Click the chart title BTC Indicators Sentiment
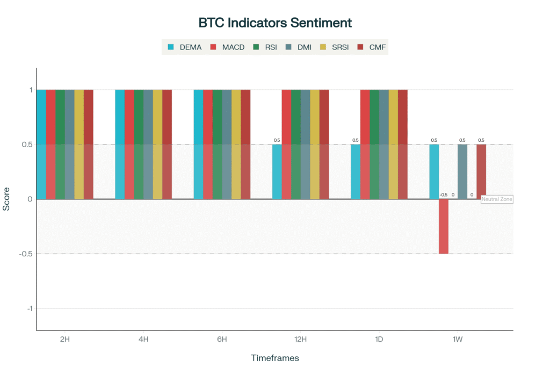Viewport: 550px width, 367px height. (275, 23)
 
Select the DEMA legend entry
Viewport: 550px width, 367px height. (185, 47)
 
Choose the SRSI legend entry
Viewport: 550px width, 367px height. (334, 47)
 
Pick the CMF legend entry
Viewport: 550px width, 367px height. (372, 47)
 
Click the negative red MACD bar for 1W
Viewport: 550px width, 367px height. (444, 226)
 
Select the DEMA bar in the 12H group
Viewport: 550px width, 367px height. (277, 171)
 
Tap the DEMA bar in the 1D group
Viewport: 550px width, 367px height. (356, 171)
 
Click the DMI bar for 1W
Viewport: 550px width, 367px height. (462, 171)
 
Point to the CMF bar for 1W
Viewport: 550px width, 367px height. (481, 171)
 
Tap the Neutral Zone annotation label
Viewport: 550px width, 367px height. (497, 199)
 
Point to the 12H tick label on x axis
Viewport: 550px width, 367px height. (300, 339)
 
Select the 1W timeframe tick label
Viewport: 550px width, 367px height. (458, 339)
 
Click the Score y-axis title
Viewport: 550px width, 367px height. (6, 199)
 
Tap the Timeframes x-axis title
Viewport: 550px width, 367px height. (275, 358)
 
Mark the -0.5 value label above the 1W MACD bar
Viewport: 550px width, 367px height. (443, 195)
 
